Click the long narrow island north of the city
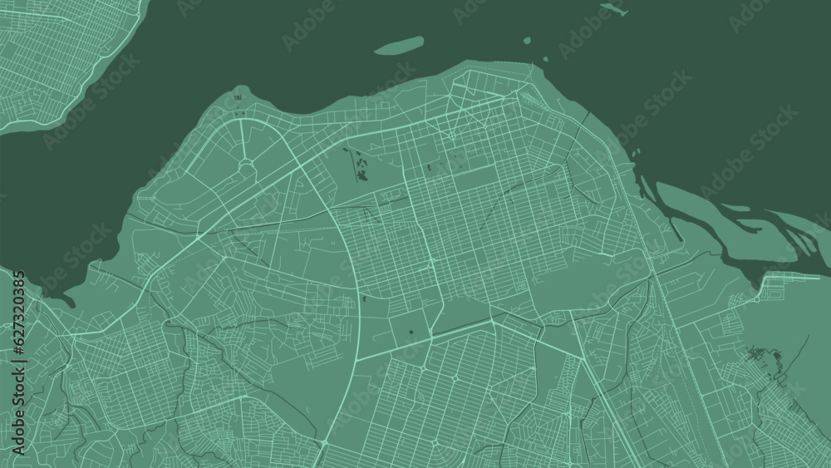(x=399, y=45)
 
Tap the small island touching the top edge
(x=612, y=7)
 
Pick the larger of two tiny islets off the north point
(x=527, y=39)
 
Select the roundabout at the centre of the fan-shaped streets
(x=247, y=167)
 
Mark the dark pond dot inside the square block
(x=413, y=334)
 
